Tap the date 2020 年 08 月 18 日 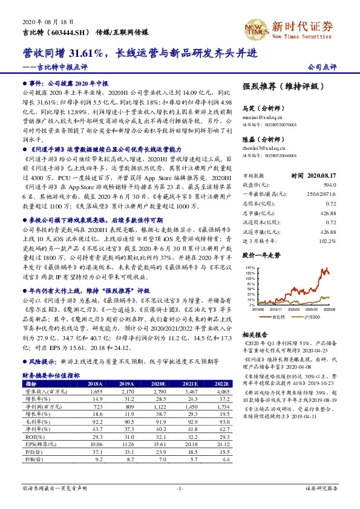[44, 21]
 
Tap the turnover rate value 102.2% [327, 241]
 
